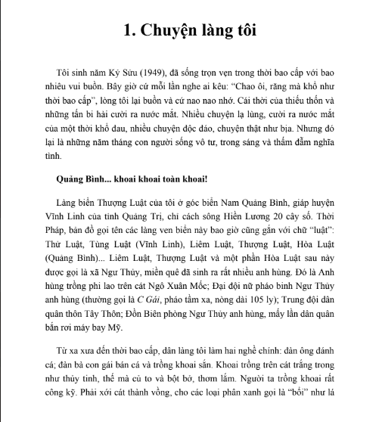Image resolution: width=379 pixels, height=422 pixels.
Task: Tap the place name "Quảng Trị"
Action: tap(137, 218)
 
